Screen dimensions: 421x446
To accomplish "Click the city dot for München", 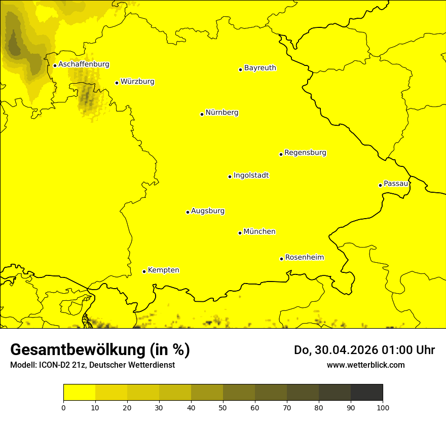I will pyautogui.click(x=240, y=233).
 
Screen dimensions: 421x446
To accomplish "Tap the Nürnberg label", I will pyautogui.click(x=221, y=113).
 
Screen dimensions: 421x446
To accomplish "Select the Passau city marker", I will pyautogui.click(x=380, y=185).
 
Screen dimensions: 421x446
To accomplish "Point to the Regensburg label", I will pyautogui.click(x=305, y=153).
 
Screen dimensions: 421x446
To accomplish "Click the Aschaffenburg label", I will pyautogui.click(x=84, y=64).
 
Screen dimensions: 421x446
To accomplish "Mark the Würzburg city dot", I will pyautogui.click(x=117, y=83).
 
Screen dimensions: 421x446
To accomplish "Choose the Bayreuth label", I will pyautogui.click(x=260, y=67).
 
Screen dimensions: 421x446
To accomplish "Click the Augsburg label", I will pyautogui.click(x=208, y=211).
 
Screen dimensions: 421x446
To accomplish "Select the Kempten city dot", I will pyautogui.click(x=144, y=271).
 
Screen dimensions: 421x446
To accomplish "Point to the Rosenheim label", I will pyautogui.click(x=304, y=258).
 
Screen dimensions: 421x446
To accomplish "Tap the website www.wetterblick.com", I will pyautogui.click(x=365, y=365).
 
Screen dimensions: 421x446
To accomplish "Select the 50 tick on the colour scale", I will pyautogui.click(x=223, y=407).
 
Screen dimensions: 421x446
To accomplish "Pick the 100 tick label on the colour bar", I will pyautogui.click(x=383, y=407).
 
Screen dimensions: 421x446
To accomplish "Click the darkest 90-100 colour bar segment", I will pyautogui.click(x=366, y=393).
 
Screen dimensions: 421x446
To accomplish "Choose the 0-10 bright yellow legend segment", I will pyautogui.click(x=79, y=393).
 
